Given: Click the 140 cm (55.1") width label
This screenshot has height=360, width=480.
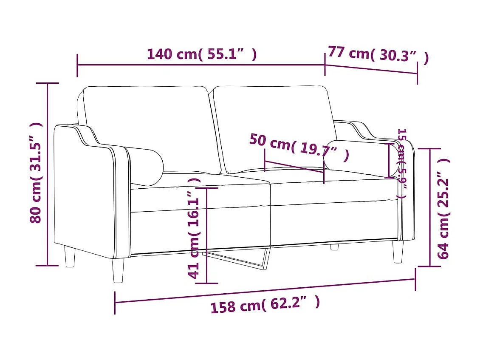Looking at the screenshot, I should coord(202,54).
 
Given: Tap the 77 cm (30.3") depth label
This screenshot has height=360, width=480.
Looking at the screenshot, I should coord(378,55).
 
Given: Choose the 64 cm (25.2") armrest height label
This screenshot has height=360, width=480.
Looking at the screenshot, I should coord(444,208).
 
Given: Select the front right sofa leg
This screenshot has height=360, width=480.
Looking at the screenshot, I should coord(398,252).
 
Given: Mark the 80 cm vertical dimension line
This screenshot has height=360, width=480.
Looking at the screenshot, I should coord(47,174).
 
